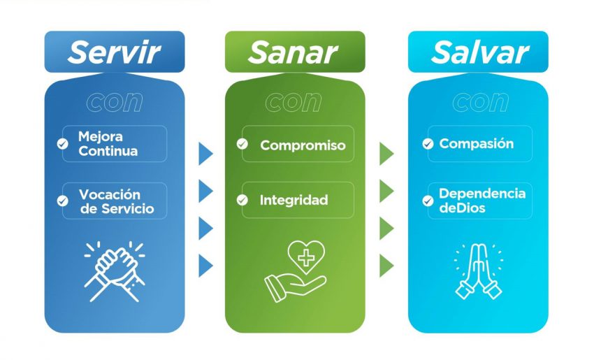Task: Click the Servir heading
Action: [114, 52]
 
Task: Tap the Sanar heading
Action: [293, 52]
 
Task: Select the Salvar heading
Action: [480, 52]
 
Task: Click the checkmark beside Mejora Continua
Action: [62, 144]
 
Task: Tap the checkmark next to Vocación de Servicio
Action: [62, 201]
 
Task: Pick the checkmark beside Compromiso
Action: [242, 144]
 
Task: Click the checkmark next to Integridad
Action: [242, 200]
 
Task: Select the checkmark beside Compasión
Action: [428, 144]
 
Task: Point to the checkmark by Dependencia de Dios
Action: [428, 201]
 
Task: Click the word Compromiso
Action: [303, 145]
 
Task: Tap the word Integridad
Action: [294, 200]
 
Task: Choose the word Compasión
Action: [477, 144]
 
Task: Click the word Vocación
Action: [110, 194]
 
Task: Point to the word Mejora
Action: [101, 136]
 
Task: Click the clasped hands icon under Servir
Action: [115, 271]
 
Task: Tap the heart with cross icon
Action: [306, 257]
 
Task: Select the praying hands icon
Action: [479, 271]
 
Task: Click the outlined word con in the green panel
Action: [294, 102]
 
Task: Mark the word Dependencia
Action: [482, 194]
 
